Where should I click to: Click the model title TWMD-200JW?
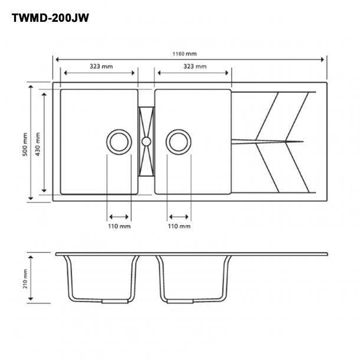coord(50,18)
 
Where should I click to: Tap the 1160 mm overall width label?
coord(185,54)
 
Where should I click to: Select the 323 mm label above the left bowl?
coord(102,66)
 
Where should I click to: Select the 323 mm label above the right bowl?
coord(195,66)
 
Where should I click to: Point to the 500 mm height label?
coord(25,145)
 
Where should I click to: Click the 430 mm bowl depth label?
coord(37,144)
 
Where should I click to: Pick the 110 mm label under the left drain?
coord(119,227)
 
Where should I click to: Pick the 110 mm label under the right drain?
coord(179,227)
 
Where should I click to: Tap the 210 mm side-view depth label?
coord(25,279)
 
